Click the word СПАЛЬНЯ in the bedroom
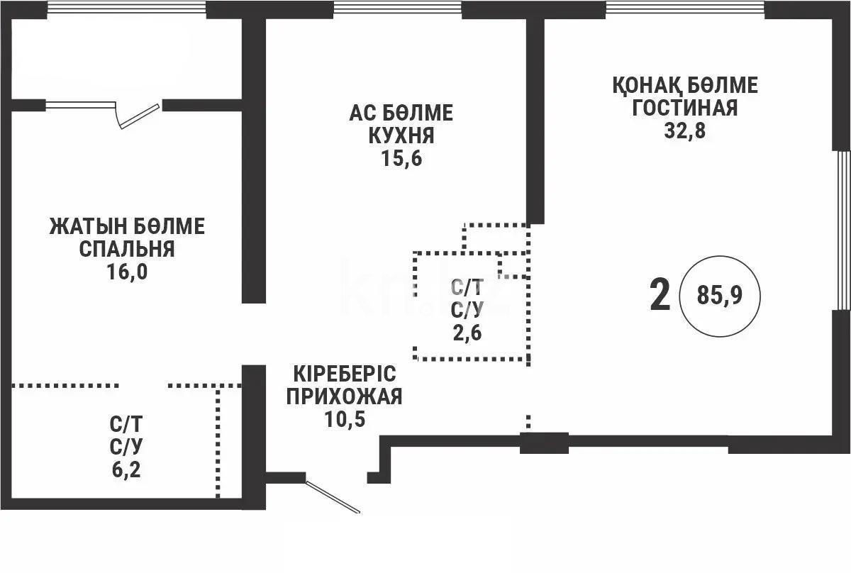pyautogui.click(x=127, y=250)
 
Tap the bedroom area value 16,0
pyautogui.click(x=127, y=272)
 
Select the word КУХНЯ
pyautogui.click(x=401, y=136)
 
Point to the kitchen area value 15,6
pyautogui.click(x=401, y=159)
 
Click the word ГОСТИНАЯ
pyautogui.click(x=685, y=109)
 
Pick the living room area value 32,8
pyautogui.click(x=685, y=131)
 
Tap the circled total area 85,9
pyautogui.click(x=719, y=296)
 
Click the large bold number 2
pyautogui.click(x=660, y=296)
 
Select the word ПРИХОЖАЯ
pyautogui.click(x=344, y=396)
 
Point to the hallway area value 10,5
pyautogui.click(x=344, y=419)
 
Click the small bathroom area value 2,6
pyautogui.click(x=467, y=332)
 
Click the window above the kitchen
pyautogui.click(x=397, y=9)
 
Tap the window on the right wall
pyautogui.click(x=842, y=230)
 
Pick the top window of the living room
pyautogui.click(x=685, y=9)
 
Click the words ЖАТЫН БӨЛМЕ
pyautogui.click(x=127, y=227)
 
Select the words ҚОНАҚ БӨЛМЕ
pyautogui.click(x=685, y=86)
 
